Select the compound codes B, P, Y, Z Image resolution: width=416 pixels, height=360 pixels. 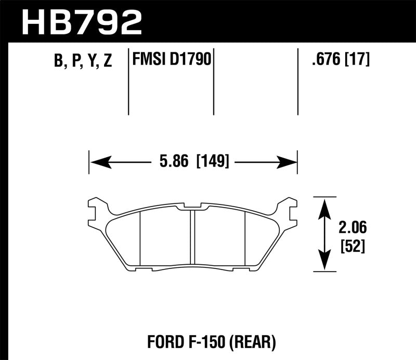tap(83, 61)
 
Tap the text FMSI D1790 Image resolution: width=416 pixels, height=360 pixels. tap(171, 60)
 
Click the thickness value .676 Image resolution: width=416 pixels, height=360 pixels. tap(324, 60)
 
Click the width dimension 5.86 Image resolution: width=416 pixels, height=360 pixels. tap(174, 162)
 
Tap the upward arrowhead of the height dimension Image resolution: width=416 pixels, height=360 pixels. tap(325, 205)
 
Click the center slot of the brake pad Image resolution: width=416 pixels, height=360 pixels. tap(192, 237)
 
